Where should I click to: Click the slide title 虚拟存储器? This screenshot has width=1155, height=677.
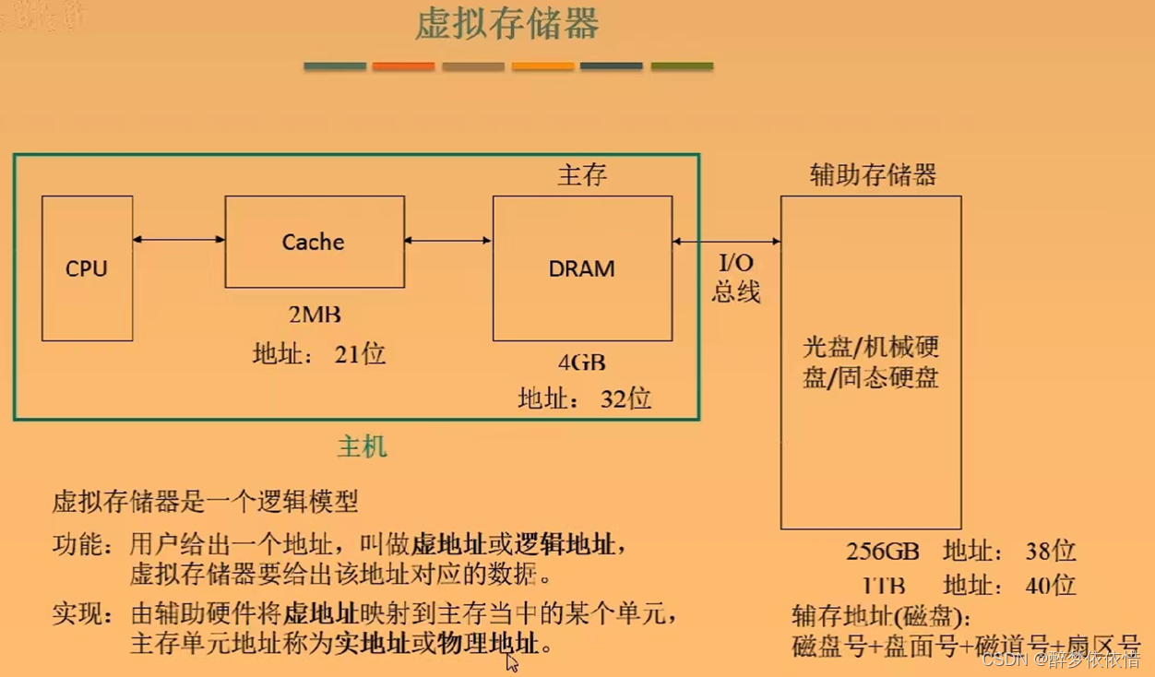(507, 25)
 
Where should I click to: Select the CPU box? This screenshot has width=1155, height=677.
(87, 268)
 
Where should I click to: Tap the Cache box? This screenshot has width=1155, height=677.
(314, 242)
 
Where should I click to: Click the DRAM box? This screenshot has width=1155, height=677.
(581, 268)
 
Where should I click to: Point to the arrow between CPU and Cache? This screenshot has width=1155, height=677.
(178, 240)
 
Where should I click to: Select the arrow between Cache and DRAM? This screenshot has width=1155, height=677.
(447, 241)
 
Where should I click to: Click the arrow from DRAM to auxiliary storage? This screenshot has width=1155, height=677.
(726, 242)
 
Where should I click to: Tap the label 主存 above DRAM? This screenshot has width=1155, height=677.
(582, 175)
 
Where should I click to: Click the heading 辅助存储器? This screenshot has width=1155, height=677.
(873, 174)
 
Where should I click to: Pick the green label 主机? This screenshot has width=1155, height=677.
(362, 447)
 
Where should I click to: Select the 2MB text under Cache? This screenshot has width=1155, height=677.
(315, 315)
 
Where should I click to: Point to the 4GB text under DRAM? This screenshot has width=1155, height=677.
(581, 362)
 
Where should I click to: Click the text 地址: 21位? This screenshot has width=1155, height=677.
(319, 353)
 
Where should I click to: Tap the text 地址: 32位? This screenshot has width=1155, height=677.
(585, 398)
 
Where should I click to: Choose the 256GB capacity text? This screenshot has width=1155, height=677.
(883, 552)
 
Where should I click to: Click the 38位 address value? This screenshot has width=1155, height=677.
(1051, 552)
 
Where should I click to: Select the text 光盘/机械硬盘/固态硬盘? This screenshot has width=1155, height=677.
(871, 362)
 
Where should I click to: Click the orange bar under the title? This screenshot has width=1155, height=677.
(403, 66)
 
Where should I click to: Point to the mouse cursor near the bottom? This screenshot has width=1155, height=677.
(512, 662)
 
